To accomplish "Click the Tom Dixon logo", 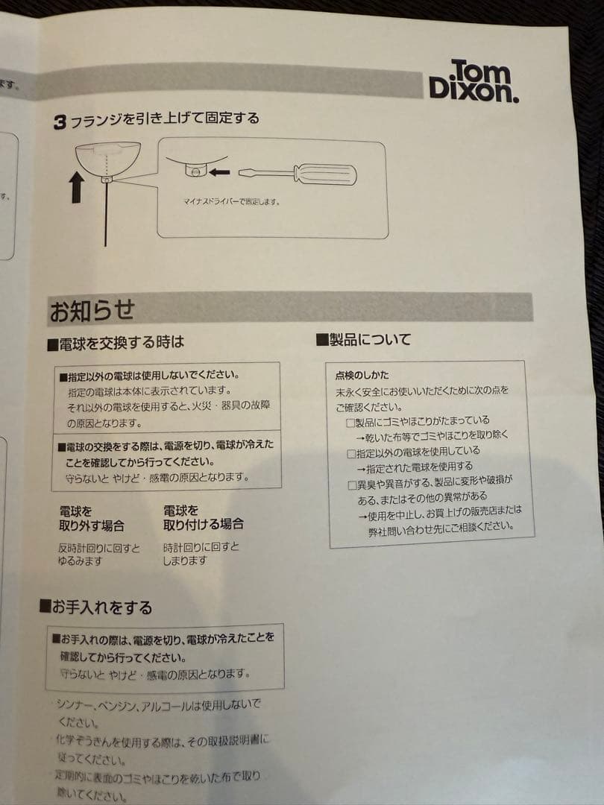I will [x=474, y=80].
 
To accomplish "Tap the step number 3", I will [x=60, y=122].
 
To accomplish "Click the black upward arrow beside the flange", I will [x=77, y=186].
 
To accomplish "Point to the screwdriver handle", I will [x=326, y=174].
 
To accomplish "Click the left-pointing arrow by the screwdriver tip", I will [x=219, y=173].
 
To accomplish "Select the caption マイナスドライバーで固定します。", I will [x=232, y=201].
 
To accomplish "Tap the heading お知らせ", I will [x=92, y=311].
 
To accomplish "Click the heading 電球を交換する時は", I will [x=121, y=344].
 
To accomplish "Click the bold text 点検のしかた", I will [x=362, y=375].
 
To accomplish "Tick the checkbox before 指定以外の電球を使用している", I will [x=353, y=452].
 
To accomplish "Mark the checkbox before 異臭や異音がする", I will [x=353, y=484].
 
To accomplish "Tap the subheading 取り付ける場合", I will [x=203, y=525].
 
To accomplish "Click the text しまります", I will [x=185, y=561].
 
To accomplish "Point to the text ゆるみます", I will [x=81, y=561].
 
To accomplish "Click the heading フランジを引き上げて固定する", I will [x=164, y=119].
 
